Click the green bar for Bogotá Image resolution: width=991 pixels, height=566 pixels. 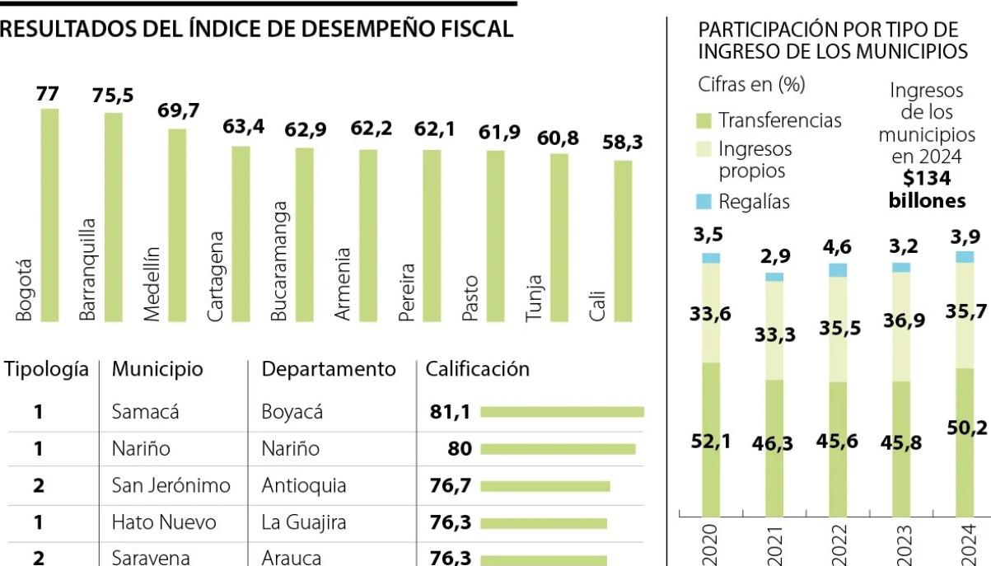click(x=50, y=214)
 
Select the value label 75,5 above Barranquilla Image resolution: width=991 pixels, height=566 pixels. click(x=114, y=96)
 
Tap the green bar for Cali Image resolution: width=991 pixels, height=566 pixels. click(x=624, y=241)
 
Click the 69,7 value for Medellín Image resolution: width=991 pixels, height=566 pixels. click(x=179, y=111)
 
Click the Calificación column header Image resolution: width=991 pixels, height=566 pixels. click(x=477, y=369)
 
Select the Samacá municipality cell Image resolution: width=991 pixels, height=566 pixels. click(x=145, y=412)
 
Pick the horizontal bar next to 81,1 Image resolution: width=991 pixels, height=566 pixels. click(x=562, y=412)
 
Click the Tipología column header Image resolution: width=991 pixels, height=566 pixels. click(x=46, y=369)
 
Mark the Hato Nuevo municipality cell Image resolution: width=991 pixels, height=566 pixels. click(x=164, y=522)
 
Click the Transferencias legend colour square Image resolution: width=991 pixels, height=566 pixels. click(x=703, y=121)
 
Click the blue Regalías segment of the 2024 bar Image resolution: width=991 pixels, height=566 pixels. click(x=965, y=257)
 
